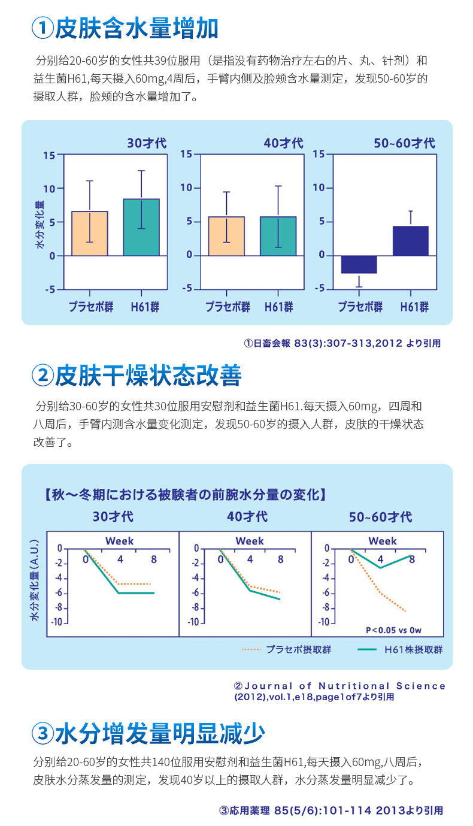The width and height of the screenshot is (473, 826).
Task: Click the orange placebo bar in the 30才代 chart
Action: tap(90, 234)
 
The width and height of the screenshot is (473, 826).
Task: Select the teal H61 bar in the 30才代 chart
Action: tap(141, 228)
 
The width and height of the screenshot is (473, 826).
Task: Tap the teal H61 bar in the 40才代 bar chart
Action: tap(278, 236)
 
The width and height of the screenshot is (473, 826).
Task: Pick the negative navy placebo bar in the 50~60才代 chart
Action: tap(358, 264)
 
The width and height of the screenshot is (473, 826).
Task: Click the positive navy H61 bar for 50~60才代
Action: tap(411, 241)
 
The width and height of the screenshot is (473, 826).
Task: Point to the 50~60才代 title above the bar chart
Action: tap(404, 144)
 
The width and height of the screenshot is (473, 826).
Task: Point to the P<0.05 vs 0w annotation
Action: tap(393, 630)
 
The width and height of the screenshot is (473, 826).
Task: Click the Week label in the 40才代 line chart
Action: tap(250, 541)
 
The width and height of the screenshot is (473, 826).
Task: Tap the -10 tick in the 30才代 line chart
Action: tap(57, 622)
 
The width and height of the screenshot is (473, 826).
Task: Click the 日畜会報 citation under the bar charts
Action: tap(342, 344)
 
